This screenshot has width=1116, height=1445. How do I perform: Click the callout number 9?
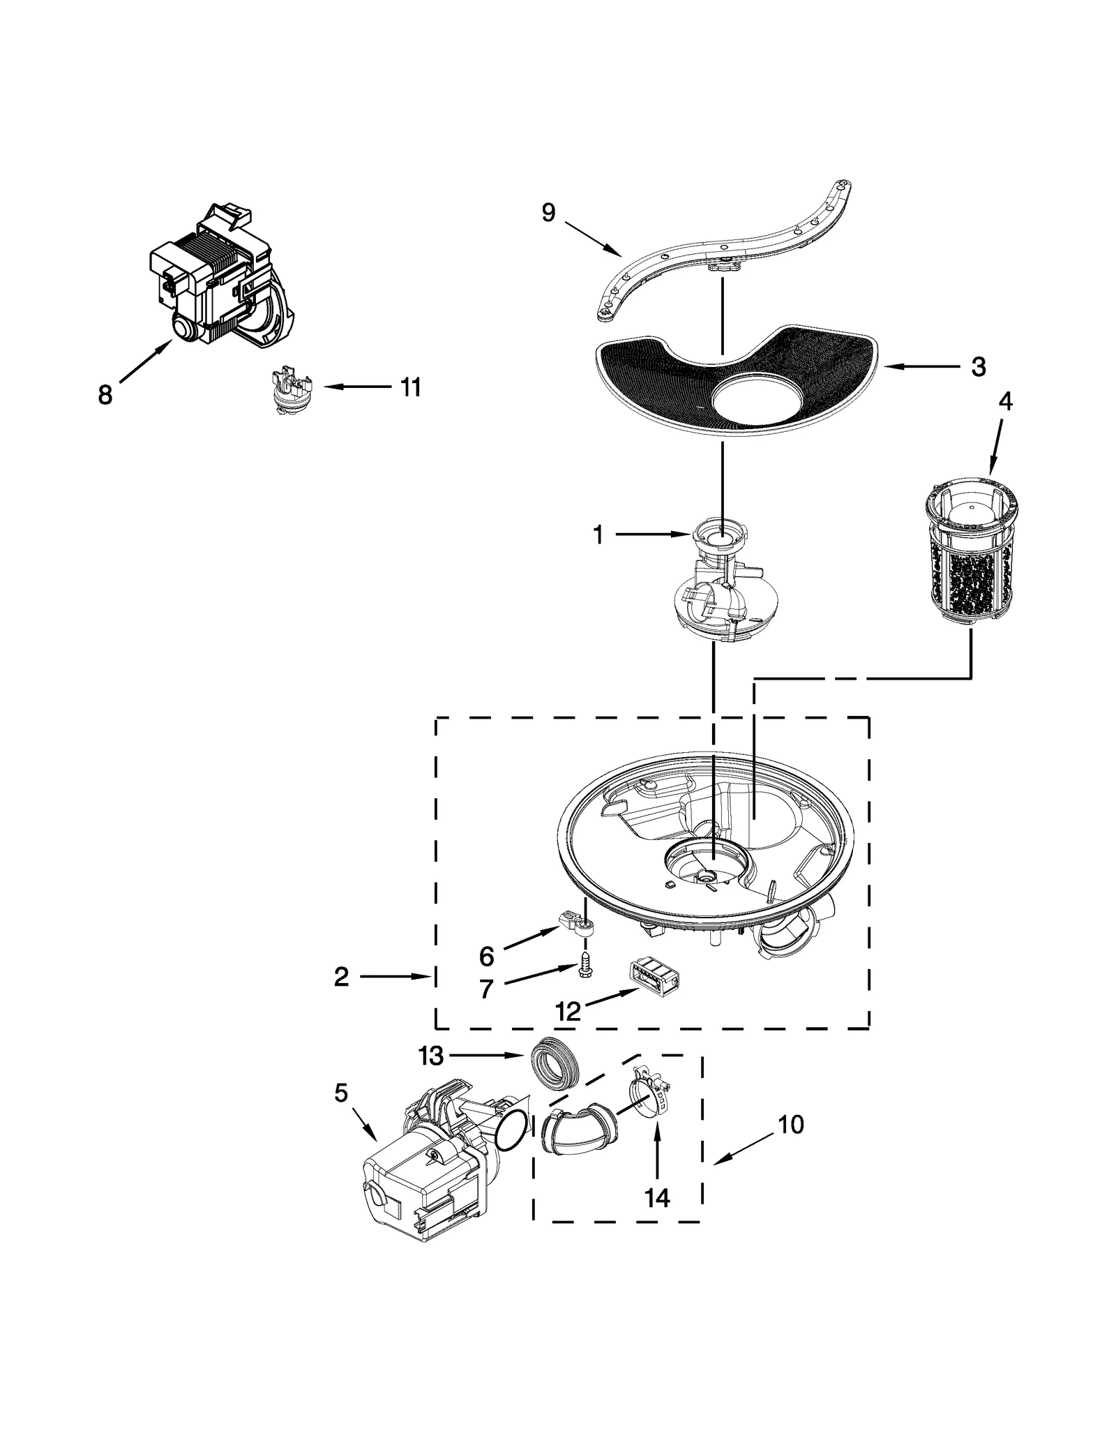pyautogui.click(x=548, y=213)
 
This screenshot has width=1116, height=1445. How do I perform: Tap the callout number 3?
pyautogui.click(x=978, y=366)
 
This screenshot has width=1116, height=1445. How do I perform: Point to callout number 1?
pyautogui.click(x=598, y=535)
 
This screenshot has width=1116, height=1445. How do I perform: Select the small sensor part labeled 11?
pyautogui.click(x=292, y=393)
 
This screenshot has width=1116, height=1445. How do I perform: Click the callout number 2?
pyautogui.click(x=340, y=977)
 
